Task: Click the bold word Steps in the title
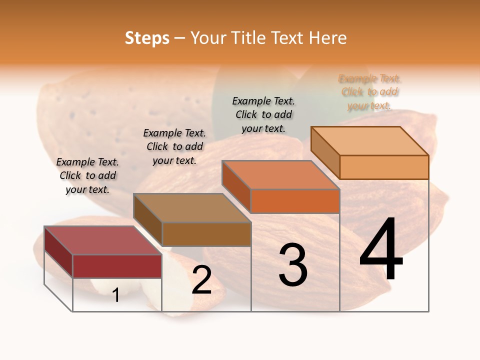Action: (147, 38)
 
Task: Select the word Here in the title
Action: (327, 38)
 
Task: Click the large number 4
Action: (381, 249)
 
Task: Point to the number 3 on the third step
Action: (293, 264)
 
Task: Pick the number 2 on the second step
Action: (201, 280)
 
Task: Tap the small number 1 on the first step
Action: (116, 295)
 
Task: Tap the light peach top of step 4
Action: (370, 141)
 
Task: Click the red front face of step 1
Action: (117, 266)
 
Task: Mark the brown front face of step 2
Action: (206, 234)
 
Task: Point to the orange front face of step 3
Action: (295, 201)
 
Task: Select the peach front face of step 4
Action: (384, 167)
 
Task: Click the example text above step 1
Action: (87, 175)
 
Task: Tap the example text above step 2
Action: (174, 146)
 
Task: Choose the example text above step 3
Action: (263, 114)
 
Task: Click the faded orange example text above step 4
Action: (369, 92)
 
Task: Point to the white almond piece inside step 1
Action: (105, 287)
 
